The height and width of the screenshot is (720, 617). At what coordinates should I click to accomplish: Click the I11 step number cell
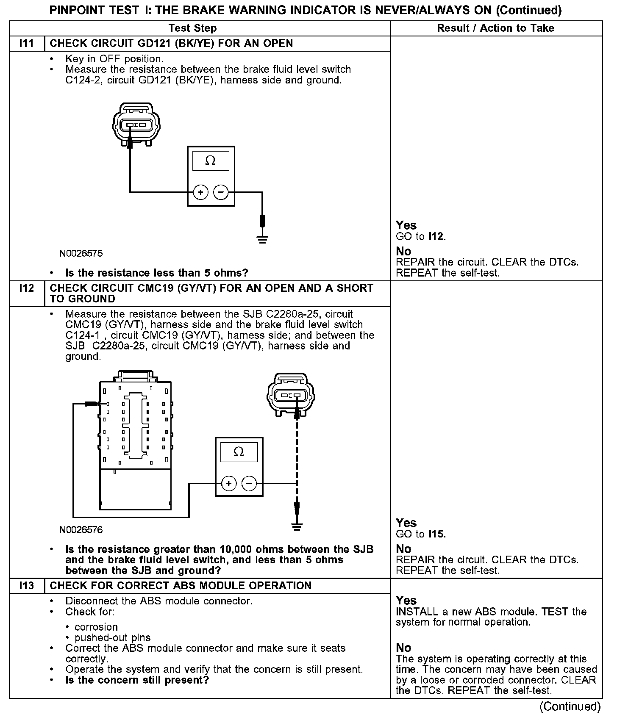point(26,43)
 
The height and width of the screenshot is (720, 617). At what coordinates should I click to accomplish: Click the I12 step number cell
point(26,288)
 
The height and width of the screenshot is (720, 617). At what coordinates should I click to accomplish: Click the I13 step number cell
point(26,586)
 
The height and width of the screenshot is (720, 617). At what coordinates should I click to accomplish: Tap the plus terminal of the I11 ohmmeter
point(200,192)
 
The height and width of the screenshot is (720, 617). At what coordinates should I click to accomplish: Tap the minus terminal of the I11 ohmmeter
point(221,192)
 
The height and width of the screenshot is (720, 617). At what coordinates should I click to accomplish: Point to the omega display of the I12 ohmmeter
point(239,452)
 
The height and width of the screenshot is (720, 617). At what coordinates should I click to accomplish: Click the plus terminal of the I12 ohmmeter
point(229,483)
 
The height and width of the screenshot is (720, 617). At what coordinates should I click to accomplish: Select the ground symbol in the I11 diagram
point(263,240)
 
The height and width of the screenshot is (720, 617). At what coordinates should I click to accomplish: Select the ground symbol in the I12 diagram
point(297,527)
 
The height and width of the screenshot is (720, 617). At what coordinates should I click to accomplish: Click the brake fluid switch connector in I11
point(136,124)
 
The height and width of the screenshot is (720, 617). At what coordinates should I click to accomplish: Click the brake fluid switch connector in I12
point(290,395)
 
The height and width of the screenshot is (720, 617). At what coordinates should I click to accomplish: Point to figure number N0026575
point(81,254)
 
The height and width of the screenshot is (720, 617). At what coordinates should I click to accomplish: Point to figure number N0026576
point(81,530)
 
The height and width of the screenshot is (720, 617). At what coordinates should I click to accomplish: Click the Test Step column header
point(192,28)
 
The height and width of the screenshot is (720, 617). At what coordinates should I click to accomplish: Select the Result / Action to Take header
point(495,28)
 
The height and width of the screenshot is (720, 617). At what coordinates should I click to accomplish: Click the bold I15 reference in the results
point(436,534)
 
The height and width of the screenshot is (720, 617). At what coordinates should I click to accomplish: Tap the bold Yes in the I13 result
point(406,600)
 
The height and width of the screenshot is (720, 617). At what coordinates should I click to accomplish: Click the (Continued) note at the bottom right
point(570,706)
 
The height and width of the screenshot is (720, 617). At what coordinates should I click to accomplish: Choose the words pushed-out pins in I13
point(112,637)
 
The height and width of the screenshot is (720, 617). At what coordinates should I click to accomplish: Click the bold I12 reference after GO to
point(436,236)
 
